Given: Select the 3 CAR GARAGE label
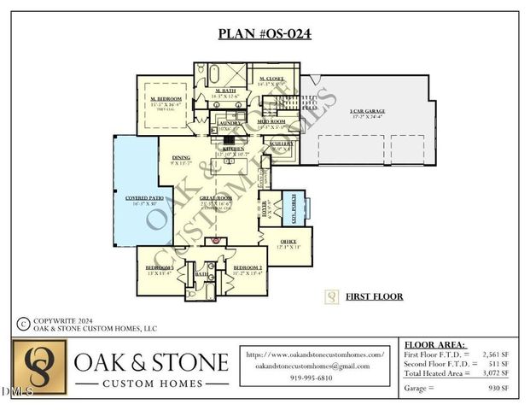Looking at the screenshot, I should [x=368, y=112].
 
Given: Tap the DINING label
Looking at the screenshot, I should [x=180, y=157].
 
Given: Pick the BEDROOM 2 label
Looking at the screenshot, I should [x=248, y=268].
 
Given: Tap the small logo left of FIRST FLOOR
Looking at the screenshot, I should [x=331, y=297].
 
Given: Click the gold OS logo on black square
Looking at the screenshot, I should [x=39, y=368].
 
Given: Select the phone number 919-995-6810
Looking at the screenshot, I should [x=312, y=377].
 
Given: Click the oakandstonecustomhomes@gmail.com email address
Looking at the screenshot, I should [x=312, y=366].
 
